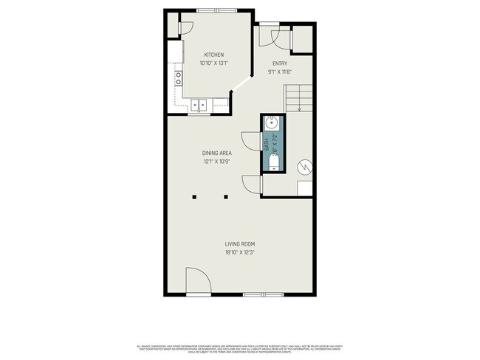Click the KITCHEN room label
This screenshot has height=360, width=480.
click(x=214, y=55)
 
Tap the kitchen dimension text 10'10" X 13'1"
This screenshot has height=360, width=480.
click(x=214, y=63)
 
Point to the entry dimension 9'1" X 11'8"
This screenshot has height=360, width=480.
click(x=280, y=72)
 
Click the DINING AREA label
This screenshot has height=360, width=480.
click(x=217, y=153)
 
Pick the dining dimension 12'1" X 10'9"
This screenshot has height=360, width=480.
click(x=217, y=161)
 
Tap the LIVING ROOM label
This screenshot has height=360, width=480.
click(x=240, y=243)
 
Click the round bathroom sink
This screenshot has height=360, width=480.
click(x=272, y=123)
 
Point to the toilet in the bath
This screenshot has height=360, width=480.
click(x=272, y=167)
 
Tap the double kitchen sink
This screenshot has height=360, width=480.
click(x=199, y=105)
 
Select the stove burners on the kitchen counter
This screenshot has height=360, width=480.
click(x=178, y=78)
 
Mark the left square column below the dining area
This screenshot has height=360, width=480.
click(x=195, y=197)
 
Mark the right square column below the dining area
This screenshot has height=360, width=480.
click(x=227, y=197)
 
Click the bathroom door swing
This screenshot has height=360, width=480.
click(x=251, y=141)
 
